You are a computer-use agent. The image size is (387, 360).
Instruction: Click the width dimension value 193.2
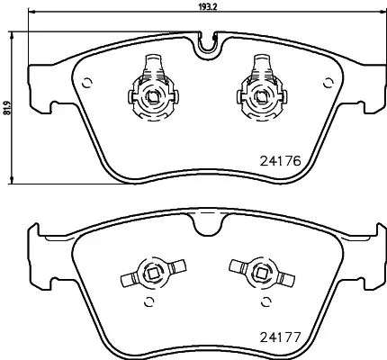click(207, 5)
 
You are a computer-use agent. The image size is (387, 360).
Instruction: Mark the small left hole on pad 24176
click(87, 85)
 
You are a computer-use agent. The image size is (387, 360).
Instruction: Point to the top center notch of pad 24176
click(207, 41)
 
